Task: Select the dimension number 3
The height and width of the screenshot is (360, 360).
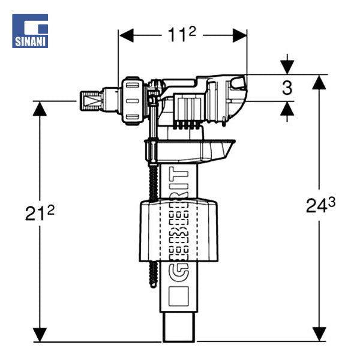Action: pyautogui.click(x=287, y=88)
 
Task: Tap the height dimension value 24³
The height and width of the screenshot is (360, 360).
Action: pyautogui.click(x=320, y=206)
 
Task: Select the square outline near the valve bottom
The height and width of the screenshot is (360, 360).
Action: pyautogui.click(x=179, y=294)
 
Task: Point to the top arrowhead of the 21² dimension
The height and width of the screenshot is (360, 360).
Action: pyautogui.click(x=40, y=109)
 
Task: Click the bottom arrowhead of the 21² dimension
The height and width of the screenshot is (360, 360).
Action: pyautogui.click(x=40, y=337)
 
